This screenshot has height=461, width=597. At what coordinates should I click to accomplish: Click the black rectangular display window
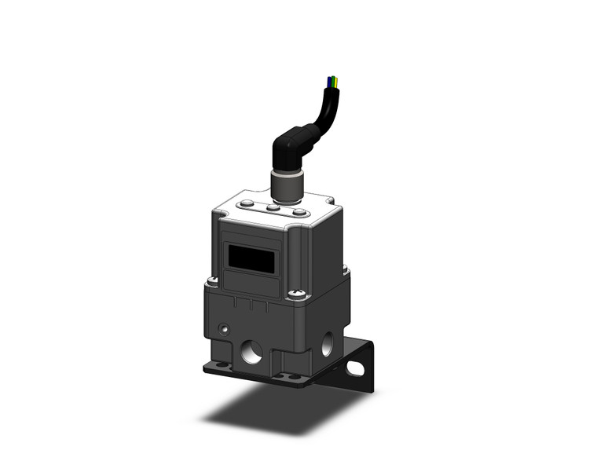click(x=251, y=258)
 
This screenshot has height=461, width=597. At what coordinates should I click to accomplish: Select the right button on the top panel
click(x=298, y=212)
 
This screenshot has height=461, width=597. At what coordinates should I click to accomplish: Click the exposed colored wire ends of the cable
click(x=333, y=81)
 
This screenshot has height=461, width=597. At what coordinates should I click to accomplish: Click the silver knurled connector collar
click(x=283, y=185)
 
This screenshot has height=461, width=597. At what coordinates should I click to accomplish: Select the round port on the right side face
click(x=327, y=342)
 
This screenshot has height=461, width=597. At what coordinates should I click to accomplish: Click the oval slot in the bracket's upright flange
click(x=358, y=367)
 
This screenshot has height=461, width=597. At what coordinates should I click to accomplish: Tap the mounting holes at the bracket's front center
click(x=287, y=376)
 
